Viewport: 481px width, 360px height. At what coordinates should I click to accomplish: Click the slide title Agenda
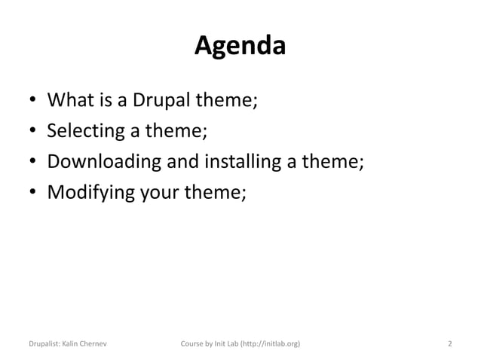tap(240, 47)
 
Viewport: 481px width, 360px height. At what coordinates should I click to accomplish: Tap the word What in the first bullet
tap(71, 100)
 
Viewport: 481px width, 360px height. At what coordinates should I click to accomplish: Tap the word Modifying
tap(90, 193)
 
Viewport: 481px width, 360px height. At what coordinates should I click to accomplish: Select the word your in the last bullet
tap(159, 193)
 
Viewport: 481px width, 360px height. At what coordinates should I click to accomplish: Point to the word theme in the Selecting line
tap(176, 131)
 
